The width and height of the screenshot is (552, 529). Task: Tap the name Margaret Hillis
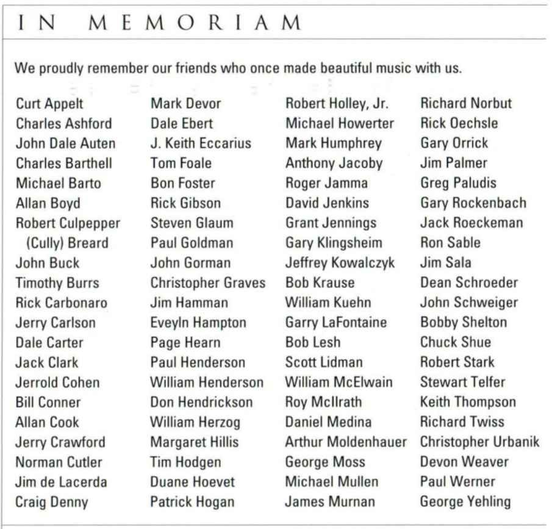195,442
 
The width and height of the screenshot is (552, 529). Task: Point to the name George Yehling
465,502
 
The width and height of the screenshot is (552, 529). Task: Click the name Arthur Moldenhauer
346,442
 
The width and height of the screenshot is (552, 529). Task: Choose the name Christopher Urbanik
480,442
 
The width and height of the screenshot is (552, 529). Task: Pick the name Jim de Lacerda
61,482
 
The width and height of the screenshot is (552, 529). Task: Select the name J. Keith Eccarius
201,143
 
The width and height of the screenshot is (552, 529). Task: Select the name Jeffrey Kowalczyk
340,263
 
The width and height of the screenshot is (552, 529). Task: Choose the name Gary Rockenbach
473,203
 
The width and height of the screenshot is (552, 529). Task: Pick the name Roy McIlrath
324,401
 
